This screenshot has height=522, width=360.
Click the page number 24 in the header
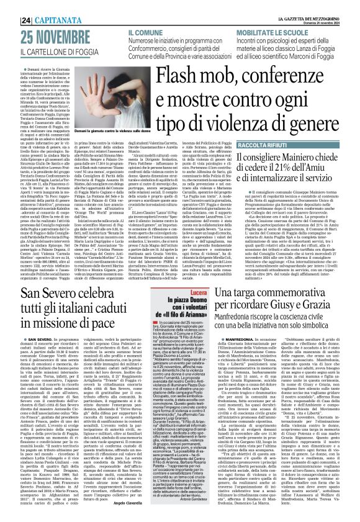10,6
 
